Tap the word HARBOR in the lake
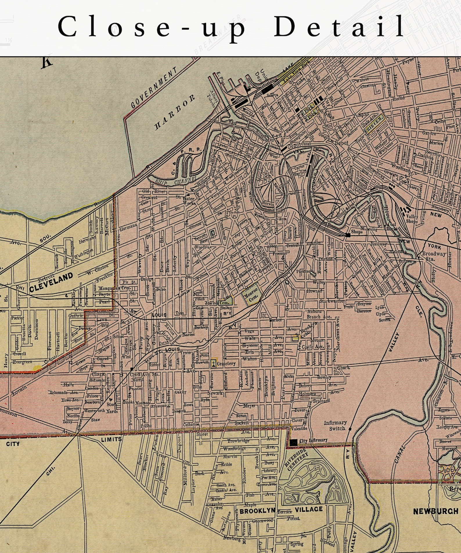[x=175, y=112]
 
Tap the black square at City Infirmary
[x=293, y=442]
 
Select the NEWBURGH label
[x=435, y=511]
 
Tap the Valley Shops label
[x=412, y=218]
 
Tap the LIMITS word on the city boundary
[x=111, y=439]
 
